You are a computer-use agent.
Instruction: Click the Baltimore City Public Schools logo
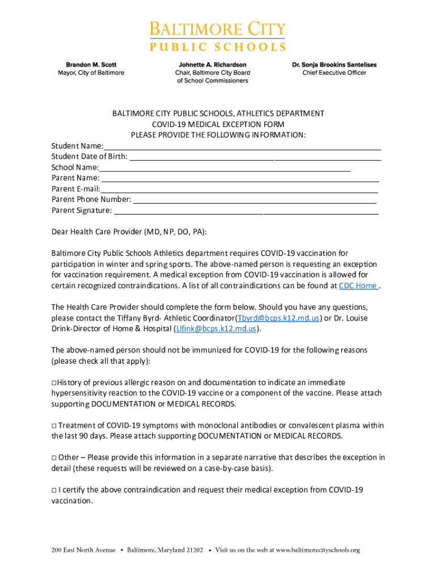click(x=218, y=36)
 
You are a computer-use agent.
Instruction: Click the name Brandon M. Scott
click(x=91, y=65)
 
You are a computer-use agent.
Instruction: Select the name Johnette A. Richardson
click(x=213, y=65)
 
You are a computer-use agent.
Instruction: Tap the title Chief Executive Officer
click(x=334, y=73)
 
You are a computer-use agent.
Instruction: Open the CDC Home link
click(x=358, y=285)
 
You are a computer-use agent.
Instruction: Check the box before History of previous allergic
click(x=54, y=382)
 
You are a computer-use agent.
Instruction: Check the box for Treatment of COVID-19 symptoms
click(x=54, y=426)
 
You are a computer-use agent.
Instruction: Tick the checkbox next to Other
click(x=54, y=458)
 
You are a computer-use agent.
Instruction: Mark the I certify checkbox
click(x=54, y=490)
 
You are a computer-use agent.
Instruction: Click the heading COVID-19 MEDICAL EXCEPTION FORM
click(x=218, y=124)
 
